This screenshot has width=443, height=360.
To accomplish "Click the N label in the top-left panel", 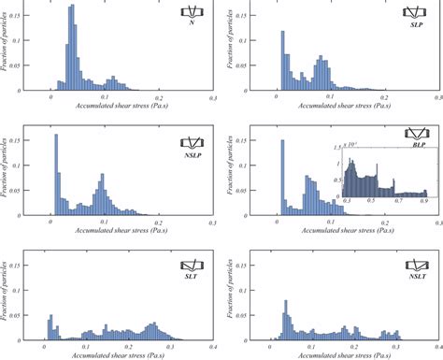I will coord(192,23).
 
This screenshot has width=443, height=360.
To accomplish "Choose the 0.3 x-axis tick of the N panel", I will coord(213,97).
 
